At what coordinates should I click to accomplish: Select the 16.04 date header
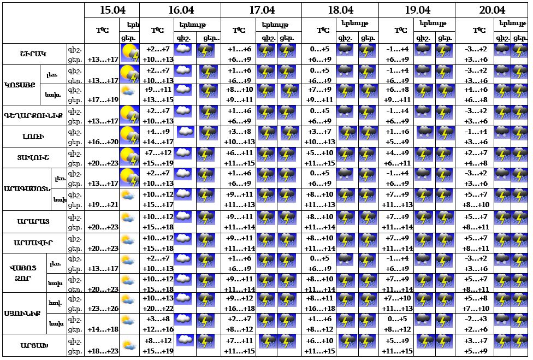(x=181, y=10)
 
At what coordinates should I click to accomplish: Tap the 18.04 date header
(x=340, y=10)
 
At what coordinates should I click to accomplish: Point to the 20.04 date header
(x=492, y=10)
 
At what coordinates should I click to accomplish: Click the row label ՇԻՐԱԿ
(x=33, y=54)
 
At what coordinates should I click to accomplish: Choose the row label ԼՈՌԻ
(x=33, y=137)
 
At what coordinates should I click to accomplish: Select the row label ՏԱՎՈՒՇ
(x=33, y=157)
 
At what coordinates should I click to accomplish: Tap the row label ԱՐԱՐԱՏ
(x=33, y=221)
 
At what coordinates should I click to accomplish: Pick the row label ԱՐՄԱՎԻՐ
(x=33, y=242)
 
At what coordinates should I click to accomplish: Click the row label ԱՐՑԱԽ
(x=33, y=346)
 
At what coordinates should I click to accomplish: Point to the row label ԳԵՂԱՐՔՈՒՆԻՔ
(x=33, y=115)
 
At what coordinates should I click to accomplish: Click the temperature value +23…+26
(x=103, y=308)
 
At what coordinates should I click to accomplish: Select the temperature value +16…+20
(x=103, y=141)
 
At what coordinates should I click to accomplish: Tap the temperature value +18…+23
(x=103, y=351)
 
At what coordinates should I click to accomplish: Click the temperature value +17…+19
(x=103, y=100)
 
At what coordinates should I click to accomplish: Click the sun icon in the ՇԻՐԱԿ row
(x=129, y=53)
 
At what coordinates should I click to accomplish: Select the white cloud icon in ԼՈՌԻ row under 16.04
(x=186, y=132)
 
